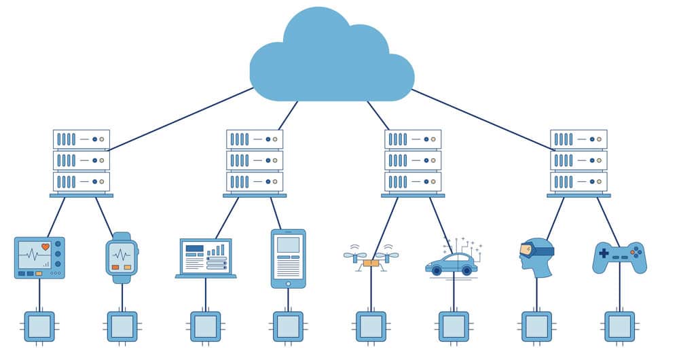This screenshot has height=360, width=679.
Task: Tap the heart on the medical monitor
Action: click(x=45, y=247)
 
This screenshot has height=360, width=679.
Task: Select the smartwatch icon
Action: click(x=122, y=258)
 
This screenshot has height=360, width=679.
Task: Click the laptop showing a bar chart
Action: click(x=206, y=258)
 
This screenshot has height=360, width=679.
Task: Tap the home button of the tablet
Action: click(x=288, y=283)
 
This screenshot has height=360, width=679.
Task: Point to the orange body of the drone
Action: click(x=371, y=263)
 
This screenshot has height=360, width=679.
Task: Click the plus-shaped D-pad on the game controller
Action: click(x=604, y=253)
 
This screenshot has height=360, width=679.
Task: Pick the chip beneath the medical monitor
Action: click(x=39, y=326)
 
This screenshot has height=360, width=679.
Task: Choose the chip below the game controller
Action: click(x=619, y=326)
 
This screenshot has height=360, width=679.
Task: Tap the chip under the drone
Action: click(x=371, y=326)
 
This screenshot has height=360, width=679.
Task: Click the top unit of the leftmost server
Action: click(x=81, y=139)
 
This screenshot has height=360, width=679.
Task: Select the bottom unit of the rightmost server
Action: click(x=579, y=181)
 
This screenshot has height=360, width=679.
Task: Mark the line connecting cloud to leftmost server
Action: click(x=180, y=119)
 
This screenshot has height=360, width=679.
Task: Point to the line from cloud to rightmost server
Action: click(x=482, y=119)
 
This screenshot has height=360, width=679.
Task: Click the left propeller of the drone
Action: click(x=354, y=255)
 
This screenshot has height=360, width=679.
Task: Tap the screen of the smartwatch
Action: click(x=122, y=257)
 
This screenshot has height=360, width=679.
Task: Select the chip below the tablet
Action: click(x=288, y=326)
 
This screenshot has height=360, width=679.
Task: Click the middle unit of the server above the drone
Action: click(x=413, y=160)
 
